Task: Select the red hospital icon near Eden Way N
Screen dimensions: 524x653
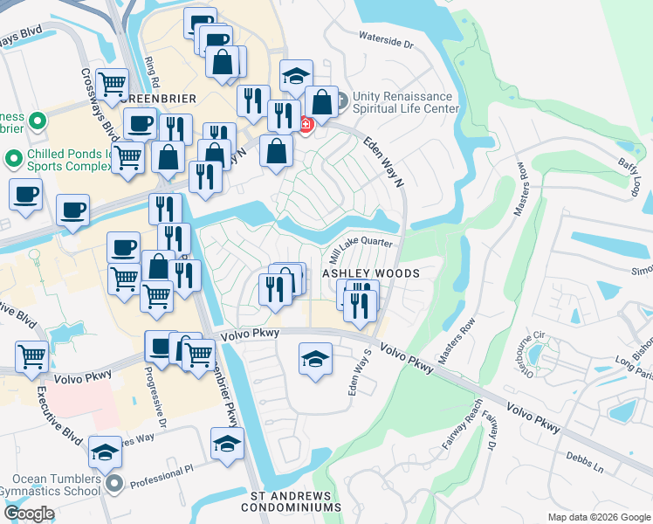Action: [x=306, y=125]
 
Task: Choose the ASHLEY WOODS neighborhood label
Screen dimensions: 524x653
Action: [x=372, y=273]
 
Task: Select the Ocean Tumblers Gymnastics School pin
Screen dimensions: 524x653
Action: [x=112, y=482]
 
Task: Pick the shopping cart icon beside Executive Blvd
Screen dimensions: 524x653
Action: [x=31, y=356]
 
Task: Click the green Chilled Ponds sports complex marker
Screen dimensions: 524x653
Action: [x=13, y=160]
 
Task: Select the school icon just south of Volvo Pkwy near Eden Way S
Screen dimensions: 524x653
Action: [x=315, y=358]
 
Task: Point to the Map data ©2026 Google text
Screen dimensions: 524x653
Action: [x=599, y=517]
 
